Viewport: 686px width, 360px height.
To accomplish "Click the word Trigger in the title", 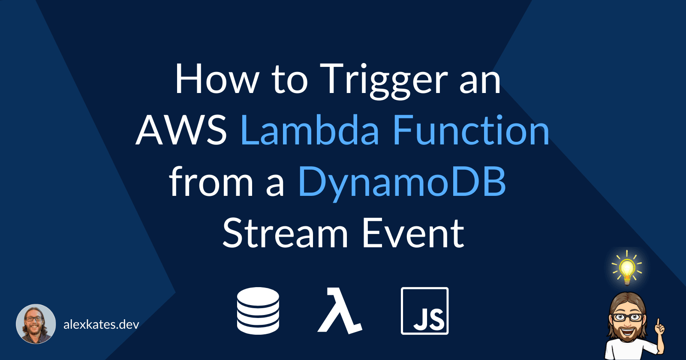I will (x=384, y=80).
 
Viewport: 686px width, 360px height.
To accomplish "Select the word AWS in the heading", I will (x=181, y=131).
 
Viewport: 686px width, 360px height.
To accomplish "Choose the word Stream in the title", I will (x=285, y=234).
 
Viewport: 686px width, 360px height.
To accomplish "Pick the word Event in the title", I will (x=413, y=234).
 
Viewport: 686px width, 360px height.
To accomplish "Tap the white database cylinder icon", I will (x=258, y=311).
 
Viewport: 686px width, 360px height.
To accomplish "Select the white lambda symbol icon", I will (x=340, y=311).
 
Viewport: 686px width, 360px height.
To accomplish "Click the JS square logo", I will (x=424, y=311).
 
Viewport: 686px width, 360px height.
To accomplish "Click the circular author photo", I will (x=36, y=324).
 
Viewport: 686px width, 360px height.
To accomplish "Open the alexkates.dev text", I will (x=101, y=324).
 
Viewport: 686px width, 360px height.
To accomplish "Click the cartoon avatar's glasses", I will (x=627, y=318).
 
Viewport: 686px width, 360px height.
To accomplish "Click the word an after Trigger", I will (x=480, y=80).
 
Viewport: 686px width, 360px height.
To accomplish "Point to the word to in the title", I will (x=289, y=80).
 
